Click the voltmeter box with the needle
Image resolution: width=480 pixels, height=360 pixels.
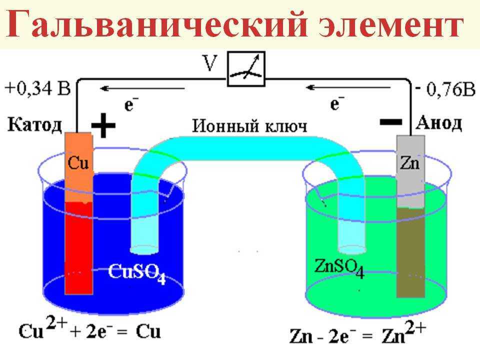click(x=246, y=69)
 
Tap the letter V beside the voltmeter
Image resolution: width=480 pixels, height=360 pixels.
click(x=210, y=63)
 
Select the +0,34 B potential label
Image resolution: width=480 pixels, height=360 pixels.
click(x=37, y=88)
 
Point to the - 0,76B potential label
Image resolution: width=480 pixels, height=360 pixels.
click(x=445, y=89)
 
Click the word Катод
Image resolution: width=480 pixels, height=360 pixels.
click(x=34, y=125)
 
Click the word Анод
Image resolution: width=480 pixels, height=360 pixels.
click(x=438, y=123)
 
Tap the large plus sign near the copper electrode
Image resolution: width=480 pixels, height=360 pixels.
click(x=103, y=125)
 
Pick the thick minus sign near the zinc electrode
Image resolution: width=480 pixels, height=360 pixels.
click(x=391, y=122)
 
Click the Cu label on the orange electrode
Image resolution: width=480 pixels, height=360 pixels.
click(x=78, y=162)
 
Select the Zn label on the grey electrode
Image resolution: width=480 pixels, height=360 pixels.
click(x=410, y=163)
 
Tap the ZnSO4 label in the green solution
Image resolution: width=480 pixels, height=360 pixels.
click(x=339, y=268)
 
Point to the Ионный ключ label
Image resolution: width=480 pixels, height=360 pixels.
click(x=249, y=126)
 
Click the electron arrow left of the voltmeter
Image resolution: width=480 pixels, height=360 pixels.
click(x=142, y=89)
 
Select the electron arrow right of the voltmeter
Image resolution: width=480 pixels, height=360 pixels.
click(x=348, y=88)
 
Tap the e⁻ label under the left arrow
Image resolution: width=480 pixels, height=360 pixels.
click(x=131, y=104)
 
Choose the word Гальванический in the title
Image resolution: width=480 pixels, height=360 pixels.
click(x=156, y=24)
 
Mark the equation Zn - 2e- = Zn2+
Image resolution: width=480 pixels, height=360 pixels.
click(x=357, y=333)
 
